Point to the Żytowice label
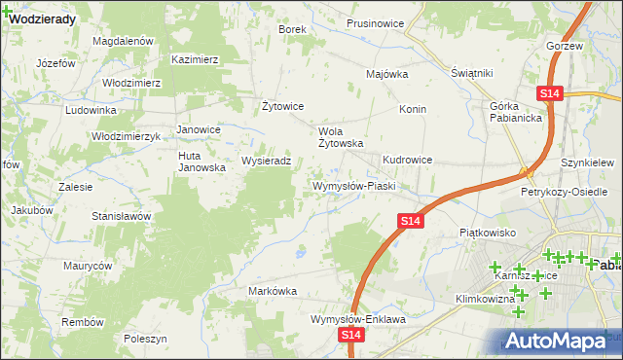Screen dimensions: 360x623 [284, 106]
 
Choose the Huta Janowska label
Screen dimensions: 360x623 [202, 161]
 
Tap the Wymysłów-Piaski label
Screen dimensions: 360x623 [351, 185]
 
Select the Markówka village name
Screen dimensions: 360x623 [273, 291]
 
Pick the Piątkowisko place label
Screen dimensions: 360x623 [487, 234]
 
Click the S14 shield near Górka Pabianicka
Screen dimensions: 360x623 [549, 92]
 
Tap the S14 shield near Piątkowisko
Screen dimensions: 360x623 [410, 223]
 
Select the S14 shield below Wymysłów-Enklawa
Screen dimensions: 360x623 [351, 335]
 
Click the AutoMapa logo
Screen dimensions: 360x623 [561, 340]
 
